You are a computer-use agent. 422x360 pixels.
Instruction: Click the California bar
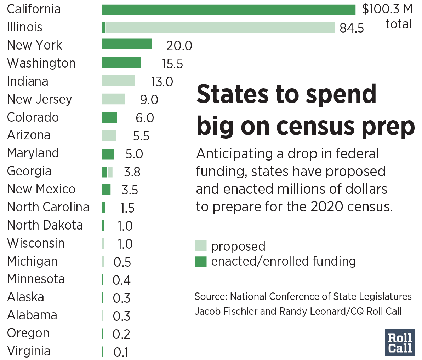[228, 10]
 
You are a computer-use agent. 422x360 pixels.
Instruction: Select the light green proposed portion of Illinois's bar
[220, 28]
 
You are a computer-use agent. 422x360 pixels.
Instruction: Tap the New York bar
[127, 44]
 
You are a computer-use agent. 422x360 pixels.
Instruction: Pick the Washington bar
[121, 62]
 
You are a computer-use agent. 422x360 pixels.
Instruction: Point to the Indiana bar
[118, 81]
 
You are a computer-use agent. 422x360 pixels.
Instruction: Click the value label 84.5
[352, 28]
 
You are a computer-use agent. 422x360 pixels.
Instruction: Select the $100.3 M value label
[387, 9]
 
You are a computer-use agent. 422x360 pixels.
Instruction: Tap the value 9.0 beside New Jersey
[149, 100]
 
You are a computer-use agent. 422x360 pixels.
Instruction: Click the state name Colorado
[33, 117]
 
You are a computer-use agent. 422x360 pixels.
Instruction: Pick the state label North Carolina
[48, 207]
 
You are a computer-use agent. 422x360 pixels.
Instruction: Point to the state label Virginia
[29, 351]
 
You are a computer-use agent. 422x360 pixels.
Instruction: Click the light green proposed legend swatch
[200, 246]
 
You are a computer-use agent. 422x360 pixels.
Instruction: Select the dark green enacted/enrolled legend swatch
[200, 262]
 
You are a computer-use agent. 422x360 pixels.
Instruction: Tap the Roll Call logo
[400, 343]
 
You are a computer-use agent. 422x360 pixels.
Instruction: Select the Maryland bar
[108, 154]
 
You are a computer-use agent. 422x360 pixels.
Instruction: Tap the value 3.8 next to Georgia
[132, 172]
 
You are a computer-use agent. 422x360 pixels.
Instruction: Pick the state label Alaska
[25, 297]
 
